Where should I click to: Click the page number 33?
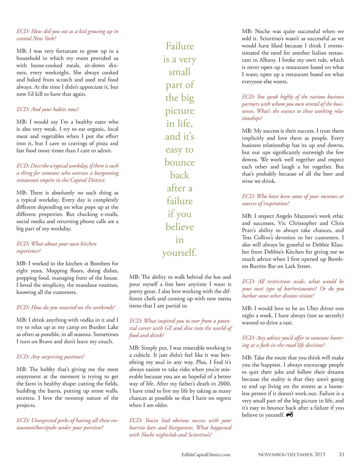click(341, 454)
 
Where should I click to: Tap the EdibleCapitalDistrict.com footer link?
click(206, 455)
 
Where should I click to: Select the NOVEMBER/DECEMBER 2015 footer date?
click(291, 454)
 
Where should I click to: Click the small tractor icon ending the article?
click(290, 415)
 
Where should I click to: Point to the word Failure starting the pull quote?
click(180, 46)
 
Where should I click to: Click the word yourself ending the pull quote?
click(179, 253)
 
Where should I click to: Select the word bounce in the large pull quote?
click(180, 162)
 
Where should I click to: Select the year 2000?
click(224, 384)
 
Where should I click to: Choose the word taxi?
click(287, 322)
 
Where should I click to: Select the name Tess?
click(247, 237)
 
